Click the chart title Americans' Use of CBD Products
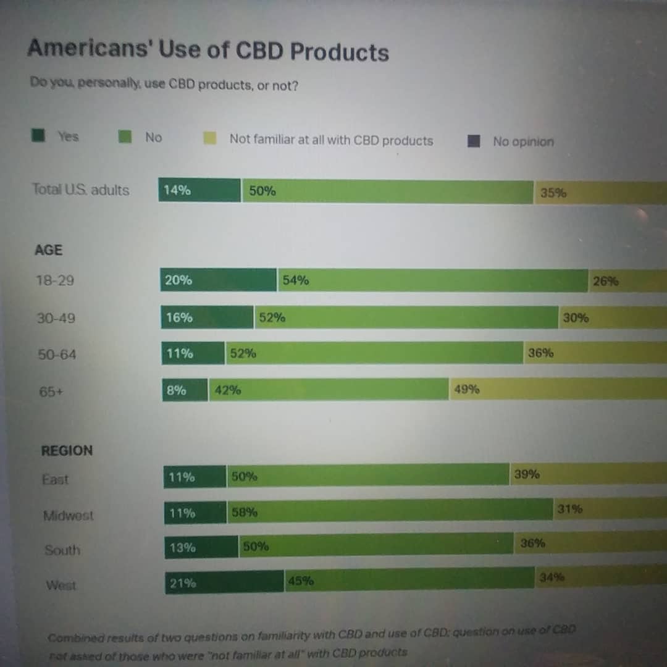tap(208, 49)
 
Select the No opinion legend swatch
tap(474, 141)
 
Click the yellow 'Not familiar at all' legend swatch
tap(210, 138)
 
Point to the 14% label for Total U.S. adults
tap(177, 190)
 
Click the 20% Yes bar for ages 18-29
tap(218, 280)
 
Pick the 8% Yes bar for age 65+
tap(185, 390)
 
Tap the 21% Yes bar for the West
tap(224, 582)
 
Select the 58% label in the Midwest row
tap(245, 512)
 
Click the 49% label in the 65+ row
tap(467, 389)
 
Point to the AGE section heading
tap(49, 250)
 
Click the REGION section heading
tap(67, 451)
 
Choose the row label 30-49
tap(56, 319)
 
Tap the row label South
tap(62, 550)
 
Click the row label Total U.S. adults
tap(81, 190)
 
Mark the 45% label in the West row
tap(301, 581)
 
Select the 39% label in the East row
tap(527, 474)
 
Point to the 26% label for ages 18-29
tap(605, 282)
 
